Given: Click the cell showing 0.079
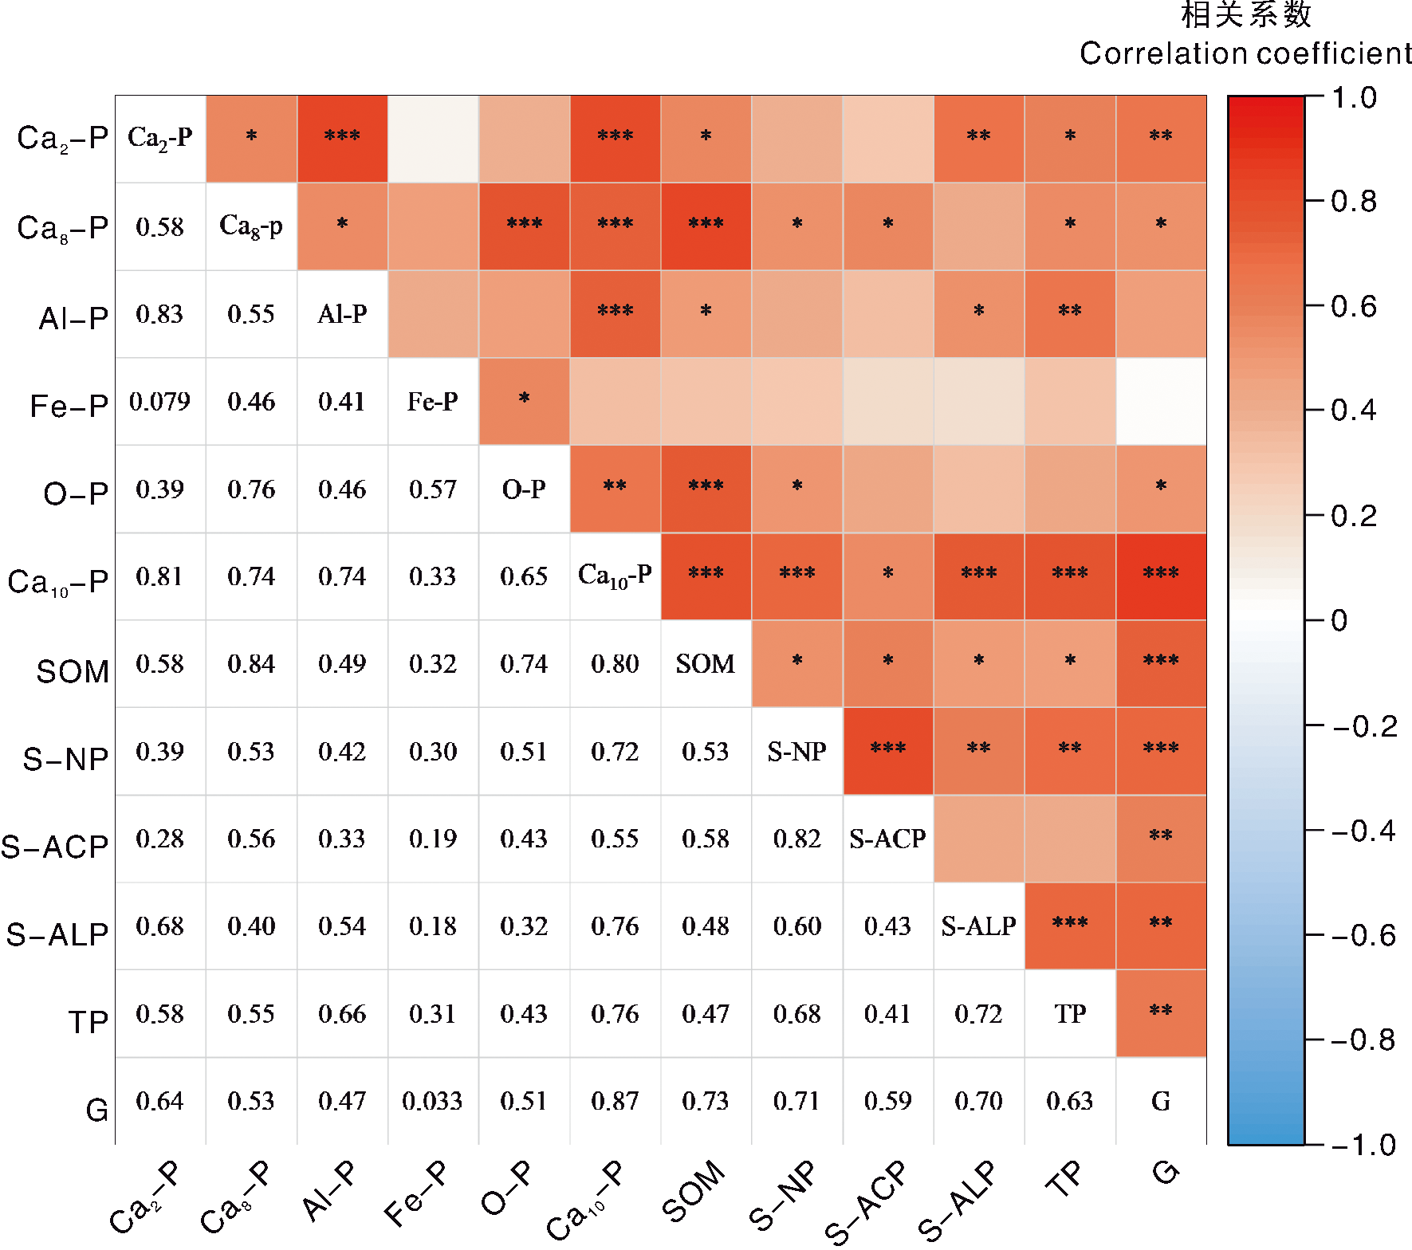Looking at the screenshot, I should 160,401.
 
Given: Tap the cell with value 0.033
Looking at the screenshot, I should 432,1101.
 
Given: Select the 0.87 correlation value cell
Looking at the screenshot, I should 615,1101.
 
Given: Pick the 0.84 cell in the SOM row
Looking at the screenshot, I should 251,663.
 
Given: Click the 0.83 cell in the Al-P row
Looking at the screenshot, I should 160,314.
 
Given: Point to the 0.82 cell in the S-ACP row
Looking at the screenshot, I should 796,839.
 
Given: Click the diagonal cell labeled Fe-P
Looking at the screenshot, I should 432,401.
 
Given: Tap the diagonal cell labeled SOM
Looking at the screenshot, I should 706,663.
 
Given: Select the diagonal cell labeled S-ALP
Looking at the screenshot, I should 978,926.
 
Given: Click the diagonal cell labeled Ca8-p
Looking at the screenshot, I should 251,226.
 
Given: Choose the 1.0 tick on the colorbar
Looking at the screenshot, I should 1355,98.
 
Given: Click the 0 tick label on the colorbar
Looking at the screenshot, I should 1339,620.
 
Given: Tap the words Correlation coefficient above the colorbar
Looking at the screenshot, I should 1245,53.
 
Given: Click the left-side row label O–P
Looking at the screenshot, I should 76,494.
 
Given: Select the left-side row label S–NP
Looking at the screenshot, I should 65,759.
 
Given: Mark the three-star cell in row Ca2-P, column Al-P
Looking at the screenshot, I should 342,137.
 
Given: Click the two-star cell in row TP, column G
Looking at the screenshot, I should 1161,1012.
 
